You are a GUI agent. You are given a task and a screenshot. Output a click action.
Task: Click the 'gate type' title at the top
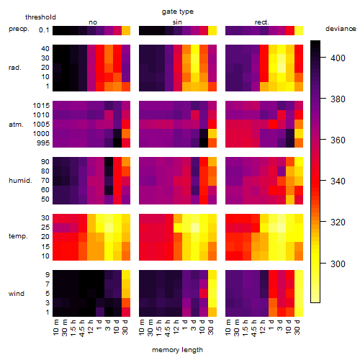(x=178, y=12)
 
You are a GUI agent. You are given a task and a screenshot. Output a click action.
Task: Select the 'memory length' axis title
(x=177, y=350)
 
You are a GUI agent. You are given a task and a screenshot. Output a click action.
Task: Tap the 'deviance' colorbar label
(x=341, y=29)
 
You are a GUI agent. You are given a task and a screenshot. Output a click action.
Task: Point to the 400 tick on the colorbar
(x=338, y=58)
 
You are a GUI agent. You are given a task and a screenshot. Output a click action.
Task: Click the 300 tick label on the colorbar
(x=338, y=264)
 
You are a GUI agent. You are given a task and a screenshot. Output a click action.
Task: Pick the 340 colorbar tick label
(x=338, y=181)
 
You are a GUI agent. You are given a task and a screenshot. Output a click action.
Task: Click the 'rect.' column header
(x=261, y=22)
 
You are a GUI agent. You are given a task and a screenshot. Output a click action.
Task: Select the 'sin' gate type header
(x=177, y=22)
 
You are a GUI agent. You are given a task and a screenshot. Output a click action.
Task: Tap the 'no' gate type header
(x=93, y=22)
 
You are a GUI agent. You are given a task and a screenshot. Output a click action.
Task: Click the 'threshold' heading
(x=40, y=17)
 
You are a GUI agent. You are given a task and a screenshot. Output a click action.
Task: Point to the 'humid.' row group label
(x=20, y=181)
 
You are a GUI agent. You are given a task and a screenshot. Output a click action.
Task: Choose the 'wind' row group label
(x=17, y=294)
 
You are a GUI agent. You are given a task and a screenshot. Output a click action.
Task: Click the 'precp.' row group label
(x=19, y=30)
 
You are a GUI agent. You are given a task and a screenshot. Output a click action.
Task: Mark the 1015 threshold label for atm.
(x=41, y=106)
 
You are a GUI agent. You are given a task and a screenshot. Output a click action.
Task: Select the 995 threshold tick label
(x=43, y=143)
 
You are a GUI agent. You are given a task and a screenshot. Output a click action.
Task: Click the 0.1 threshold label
(x=44, y=30)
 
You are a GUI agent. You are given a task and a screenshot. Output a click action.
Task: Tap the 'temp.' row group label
(x=18, y=236)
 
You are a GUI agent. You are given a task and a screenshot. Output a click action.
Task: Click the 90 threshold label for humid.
(x=45, y=162)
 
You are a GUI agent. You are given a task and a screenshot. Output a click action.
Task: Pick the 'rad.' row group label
(x=15, y=68)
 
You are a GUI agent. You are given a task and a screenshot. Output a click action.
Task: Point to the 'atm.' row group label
(x=16, y=125)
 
